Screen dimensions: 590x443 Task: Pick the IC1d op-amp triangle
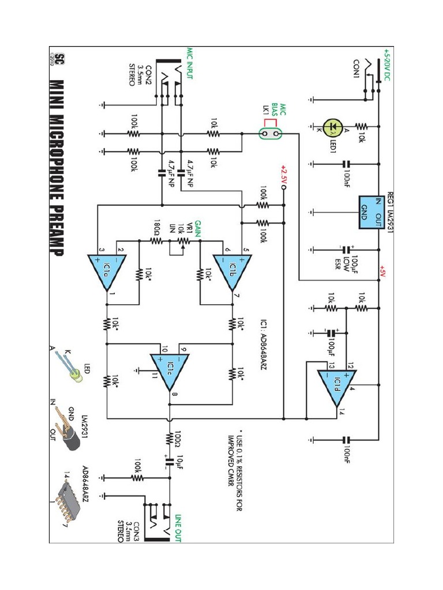coord(336,386)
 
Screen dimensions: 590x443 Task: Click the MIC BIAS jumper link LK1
coord(269,134)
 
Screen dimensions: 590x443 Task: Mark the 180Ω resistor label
coord(157,225)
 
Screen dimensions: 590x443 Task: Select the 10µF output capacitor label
coord(183,461)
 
